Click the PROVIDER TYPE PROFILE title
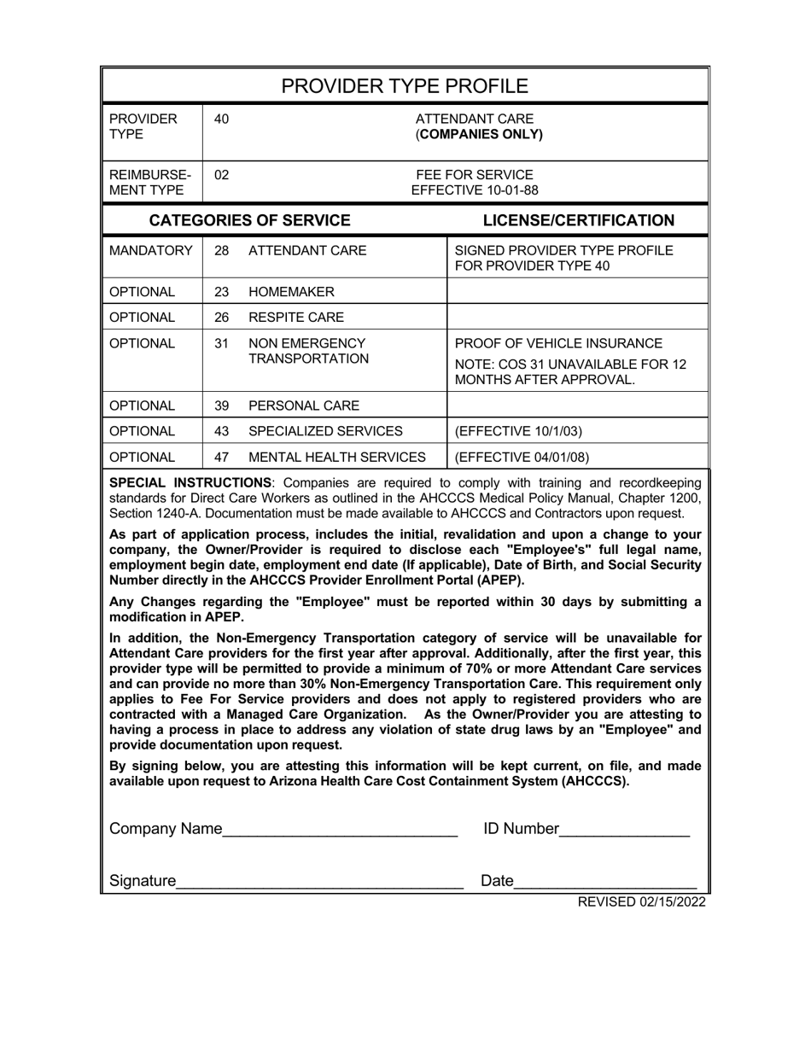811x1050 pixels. click(405, 86)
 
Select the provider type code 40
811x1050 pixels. click(221, 120)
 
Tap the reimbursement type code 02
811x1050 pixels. click(221, 175)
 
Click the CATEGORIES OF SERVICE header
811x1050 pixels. click(249, 220)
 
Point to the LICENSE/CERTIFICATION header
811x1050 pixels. click(578, 220)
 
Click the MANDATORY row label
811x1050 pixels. click(151, 251)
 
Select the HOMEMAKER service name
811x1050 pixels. click(286, 292)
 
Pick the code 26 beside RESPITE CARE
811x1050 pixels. click(221, 318)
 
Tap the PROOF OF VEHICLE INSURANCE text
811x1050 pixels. click(559, 344)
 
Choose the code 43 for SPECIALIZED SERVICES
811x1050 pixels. click(221, 431)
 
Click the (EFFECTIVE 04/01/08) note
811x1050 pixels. click(522, 457)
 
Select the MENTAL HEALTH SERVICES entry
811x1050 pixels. click(336, 457)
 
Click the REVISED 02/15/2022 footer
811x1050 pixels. click(641, 901)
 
